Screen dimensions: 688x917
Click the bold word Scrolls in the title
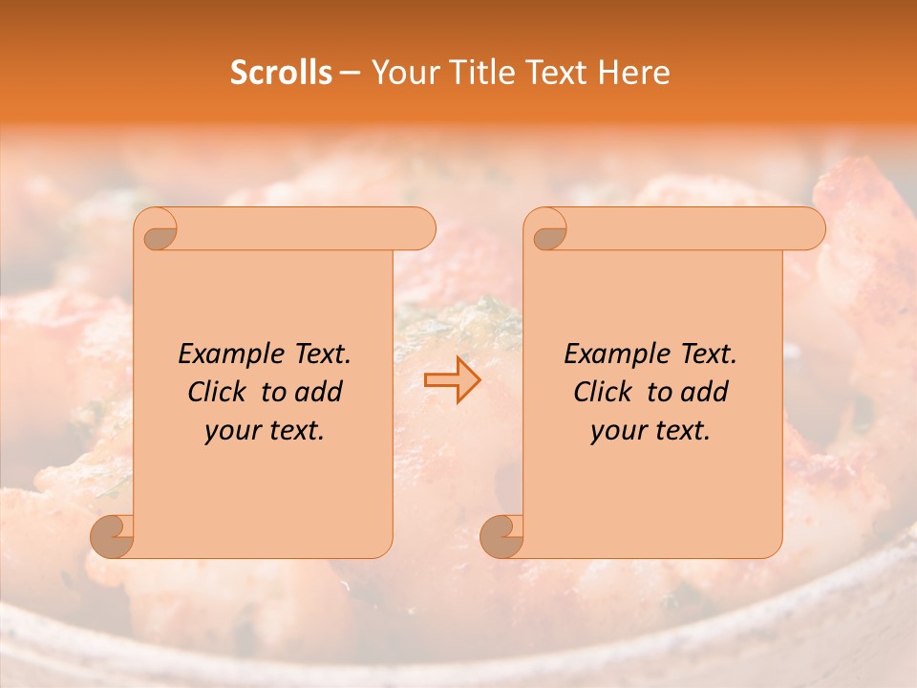[281, 73]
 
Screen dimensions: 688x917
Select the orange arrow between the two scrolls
[452, 380]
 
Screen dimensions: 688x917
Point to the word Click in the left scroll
[221, 392]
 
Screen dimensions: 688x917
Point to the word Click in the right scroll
[607, 392]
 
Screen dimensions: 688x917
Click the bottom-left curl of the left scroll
[114, 536]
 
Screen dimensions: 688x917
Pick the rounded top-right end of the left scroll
[420, 228]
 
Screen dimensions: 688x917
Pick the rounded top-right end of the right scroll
[810, 228]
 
